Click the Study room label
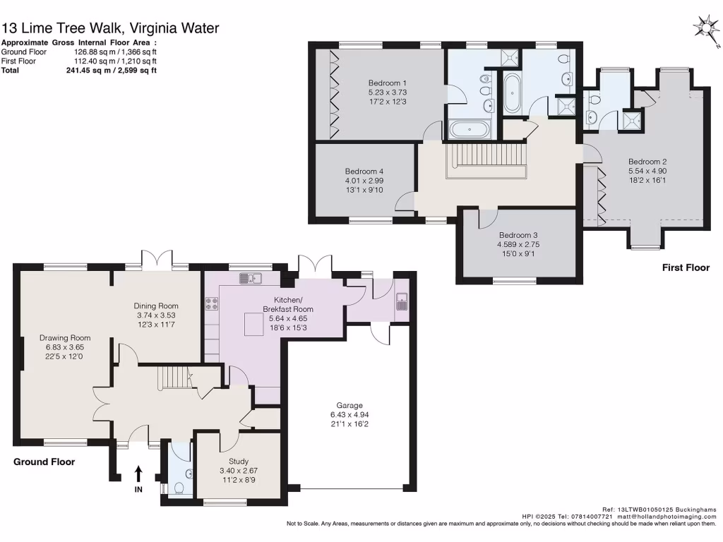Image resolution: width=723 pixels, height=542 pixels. click(x=229, y=442)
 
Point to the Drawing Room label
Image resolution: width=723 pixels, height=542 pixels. click(x=65, y=337)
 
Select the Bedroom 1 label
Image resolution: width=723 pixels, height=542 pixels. click(x=387, y=83)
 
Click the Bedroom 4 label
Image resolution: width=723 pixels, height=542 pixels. click(x=364, y=171)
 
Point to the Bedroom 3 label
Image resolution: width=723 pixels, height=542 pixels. click(x=518, y=235)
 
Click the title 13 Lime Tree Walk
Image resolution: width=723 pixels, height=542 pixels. click(x=110, y=28)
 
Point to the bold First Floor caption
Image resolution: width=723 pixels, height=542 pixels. click(x=686, y=267)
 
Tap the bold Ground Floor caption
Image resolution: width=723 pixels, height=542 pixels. click(x=44, y=462)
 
